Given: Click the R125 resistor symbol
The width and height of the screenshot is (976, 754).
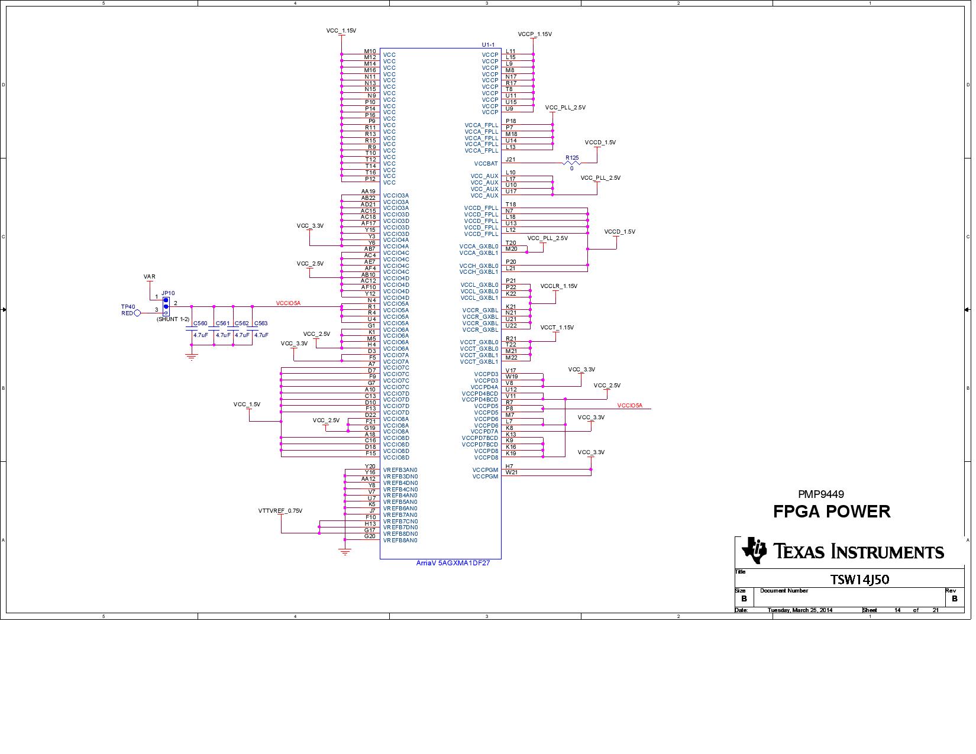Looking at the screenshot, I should click(x=571, y=163).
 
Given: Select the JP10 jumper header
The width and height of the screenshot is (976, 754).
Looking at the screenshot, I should click(x=166, y=306).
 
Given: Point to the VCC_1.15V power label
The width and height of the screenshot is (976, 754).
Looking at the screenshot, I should click(x=341, y=31).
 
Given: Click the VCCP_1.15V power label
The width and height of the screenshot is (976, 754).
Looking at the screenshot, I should click(x=534, y=34).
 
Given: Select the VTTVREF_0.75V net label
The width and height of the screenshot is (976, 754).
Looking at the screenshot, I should click(x=280, y=511).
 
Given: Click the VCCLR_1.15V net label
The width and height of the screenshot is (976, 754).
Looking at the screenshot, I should click(x=558, y=286).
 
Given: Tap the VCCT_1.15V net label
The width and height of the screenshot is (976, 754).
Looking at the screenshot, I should click(x=557, y=328).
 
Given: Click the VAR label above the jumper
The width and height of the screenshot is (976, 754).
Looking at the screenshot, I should click(x=149, y=277).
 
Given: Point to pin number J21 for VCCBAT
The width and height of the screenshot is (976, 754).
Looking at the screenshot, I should click(x=510, y=160).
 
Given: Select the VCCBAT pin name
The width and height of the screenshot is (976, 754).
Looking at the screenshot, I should click(x=486, y=164).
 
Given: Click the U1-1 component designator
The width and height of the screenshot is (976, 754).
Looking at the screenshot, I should click(x=488, y=45).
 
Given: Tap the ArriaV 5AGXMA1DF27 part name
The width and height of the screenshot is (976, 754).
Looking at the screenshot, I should click(x=453, y=563).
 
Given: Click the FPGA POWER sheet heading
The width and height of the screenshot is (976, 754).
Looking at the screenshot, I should click(x=831, y=512).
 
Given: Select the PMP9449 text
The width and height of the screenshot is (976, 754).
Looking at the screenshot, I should click(x=820, y=494).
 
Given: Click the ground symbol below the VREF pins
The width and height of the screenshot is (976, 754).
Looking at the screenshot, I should click(x=345, y=552).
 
